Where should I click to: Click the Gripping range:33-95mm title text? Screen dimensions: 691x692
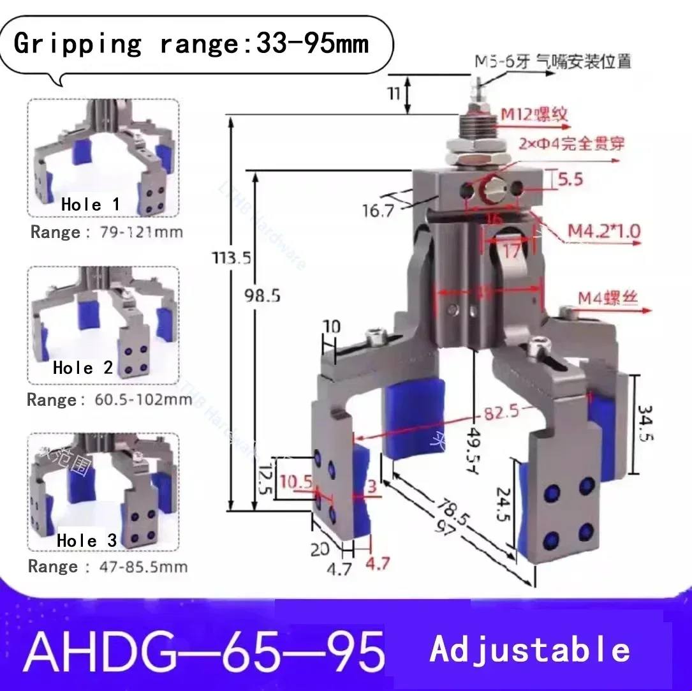tap(191, 44)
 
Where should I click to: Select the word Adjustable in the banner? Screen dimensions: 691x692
tap(529, 650)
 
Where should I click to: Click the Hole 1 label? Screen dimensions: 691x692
tap(90, 205)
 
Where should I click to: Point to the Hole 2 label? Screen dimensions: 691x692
tap(82, 368)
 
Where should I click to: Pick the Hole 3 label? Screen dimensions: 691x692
tap(87, 541)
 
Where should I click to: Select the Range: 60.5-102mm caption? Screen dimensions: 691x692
tap(109, 400)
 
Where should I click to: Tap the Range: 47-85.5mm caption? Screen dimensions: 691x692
tap(108, 567)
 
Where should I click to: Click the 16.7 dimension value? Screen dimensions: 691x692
tap(378, 211)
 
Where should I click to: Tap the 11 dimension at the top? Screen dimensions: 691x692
tap(394, 94)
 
